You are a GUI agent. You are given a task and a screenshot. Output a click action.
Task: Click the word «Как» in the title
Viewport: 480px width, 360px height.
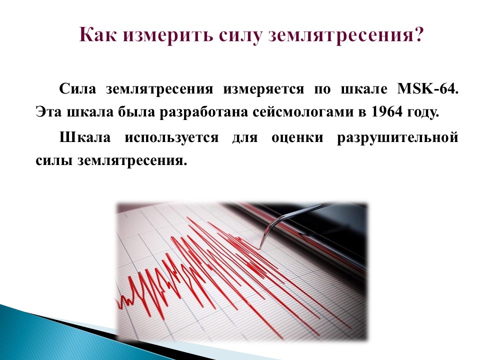98,34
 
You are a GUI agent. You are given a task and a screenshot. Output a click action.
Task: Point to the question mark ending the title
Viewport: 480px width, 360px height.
417,34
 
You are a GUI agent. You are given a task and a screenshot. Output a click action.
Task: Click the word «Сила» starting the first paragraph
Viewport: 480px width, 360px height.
78,89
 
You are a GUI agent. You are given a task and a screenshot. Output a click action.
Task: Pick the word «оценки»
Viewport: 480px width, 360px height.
297,137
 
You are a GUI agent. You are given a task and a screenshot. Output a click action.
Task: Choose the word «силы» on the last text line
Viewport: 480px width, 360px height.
53,161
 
